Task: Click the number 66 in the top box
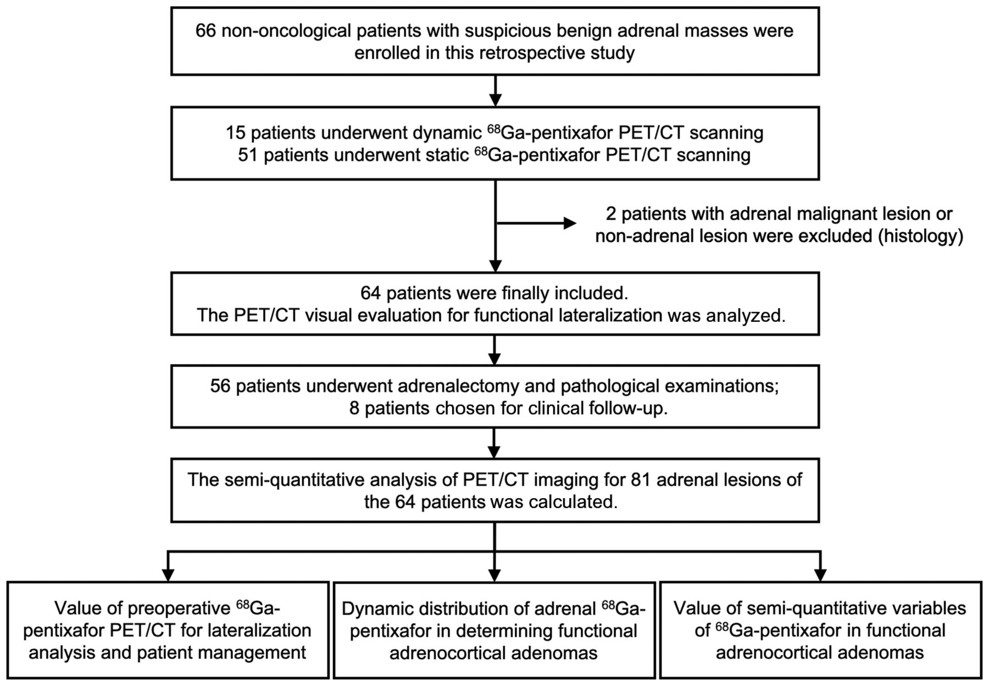(x=205, y=30)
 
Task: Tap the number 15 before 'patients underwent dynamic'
(x=236, y=133)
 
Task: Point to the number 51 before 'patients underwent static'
(x=248, y=155)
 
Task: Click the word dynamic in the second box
(x=447, y=133)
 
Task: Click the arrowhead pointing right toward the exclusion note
(x=569, y=223)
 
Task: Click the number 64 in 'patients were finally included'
(x=371, y=293)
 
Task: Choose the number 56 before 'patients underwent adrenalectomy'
(x=220, y=386)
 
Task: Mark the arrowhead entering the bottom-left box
(x=168, y=575)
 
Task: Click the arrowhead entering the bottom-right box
(x=820, y=575)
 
